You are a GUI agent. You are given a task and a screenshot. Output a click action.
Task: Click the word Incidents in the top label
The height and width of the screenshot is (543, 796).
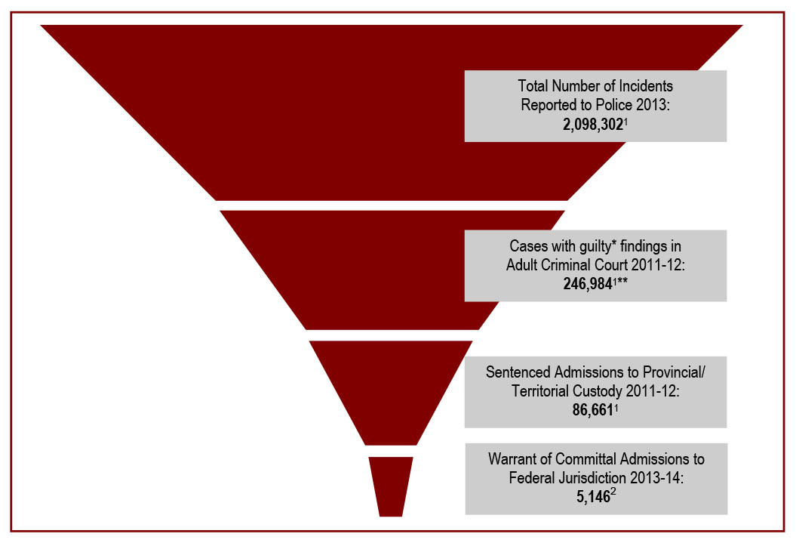click(643, 86)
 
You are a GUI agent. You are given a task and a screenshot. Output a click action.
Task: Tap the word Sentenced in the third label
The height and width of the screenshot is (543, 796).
click(518, 372)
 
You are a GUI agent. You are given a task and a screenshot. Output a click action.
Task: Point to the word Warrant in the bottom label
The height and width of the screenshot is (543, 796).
click(514, 459)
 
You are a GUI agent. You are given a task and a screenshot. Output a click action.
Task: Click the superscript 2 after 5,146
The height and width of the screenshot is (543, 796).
click(614, 494)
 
